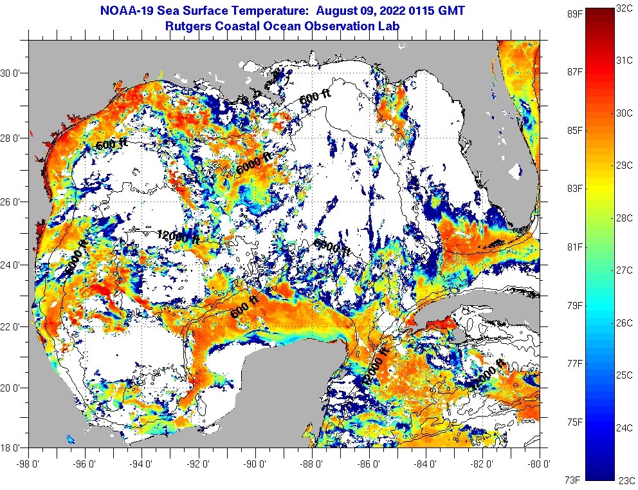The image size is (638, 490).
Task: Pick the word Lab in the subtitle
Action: coord(389,26)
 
